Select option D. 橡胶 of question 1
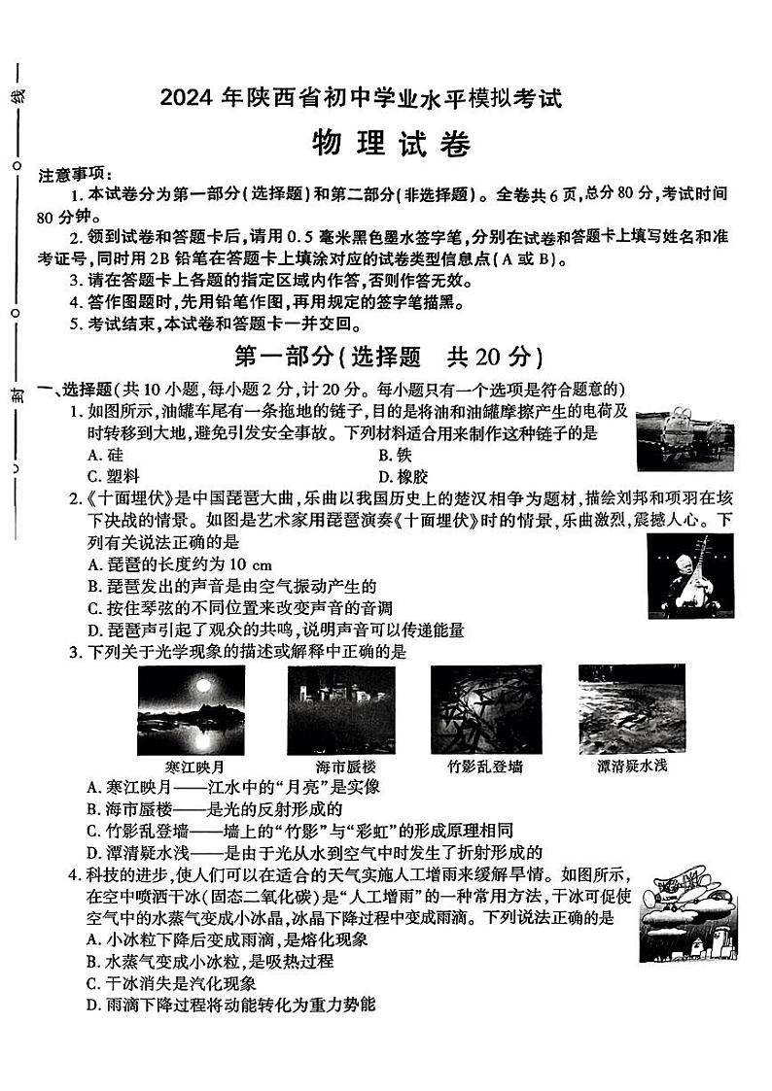(x=398, y=476)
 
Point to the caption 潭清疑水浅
(x=631, y=767)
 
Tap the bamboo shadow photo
(x=485, y=709)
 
